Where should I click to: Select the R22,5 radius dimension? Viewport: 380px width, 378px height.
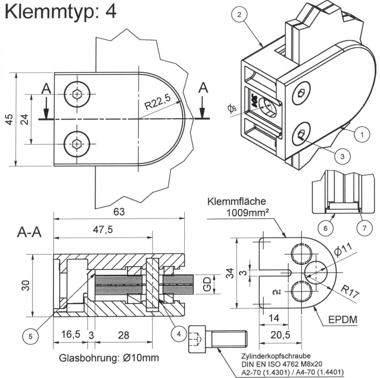pos(157,105)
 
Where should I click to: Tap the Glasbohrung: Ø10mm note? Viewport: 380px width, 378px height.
pos(109,358)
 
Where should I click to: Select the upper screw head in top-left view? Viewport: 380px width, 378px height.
pos(77,94)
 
